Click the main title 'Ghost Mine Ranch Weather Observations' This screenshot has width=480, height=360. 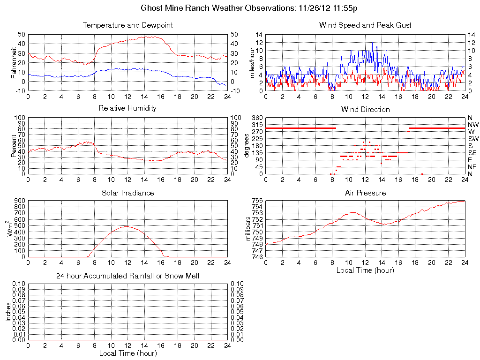point(218,8)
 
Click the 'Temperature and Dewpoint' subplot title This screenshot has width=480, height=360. point(127,25)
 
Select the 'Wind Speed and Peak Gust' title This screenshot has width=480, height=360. point(365,25)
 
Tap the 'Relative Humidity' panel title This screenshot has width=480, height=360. point(127,108)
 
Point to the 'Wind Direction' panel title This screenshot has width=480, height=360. point(365,109)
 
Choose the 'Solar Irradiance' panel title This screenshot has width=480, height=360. point(127,193)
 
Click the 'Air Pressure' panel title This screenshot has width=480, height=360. point(365,193)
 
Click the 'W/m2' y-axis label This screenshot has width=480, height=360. point(13,229)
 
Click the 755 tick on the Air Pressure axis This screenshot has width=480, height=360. point(257,201)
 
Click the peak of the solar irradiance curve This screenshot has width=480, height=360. point(127,226)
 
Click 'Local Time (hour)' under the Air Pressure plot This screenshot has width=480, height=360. point(365,270)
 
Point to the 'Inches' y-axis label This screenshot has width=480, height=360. point(8,312)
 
